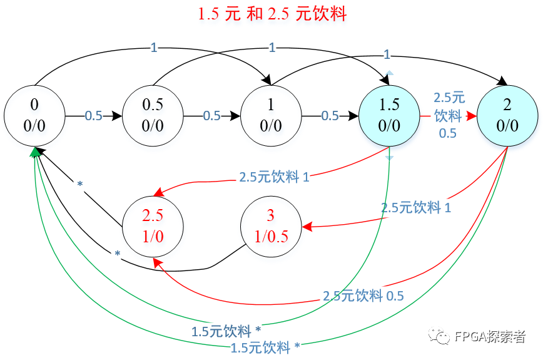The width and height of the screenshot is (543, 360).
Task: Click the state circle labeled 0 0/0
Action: coord(34,116)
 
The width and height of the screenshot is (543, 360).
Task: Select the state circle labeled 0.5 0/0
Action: coord(153,116)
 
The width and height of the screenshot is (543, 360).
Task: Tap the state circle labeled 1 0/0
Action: coord(271,116)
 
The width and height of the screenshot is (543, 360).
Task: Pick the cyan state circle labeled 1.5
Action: coord(389,116)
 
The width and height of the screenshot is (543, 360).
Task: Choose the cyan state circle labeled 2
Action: coord(507,116)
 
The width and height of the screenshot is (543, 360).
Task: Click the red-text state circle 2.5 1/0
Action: coord(153,225)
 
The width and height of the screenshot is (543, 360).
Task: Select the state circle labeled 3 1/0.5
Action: coord(271,225)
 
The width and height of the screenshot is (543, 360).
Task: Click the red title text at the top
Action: coord(271,14)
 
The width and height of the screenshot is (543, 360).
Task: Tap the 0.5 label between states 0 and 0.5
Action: coord(93,116)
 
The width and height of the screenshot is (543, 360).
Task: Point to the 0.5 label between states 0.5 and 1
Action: coord(211,116)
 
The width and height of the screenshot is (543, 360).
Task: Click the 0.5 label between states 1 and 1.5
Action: coord(330,116)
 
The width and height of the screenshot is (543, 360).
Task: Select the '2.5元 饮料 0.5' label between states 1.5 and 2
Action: coord(449,116)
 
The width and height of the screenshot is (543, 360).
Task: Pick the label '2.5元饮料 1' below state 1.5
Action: coord(274,177)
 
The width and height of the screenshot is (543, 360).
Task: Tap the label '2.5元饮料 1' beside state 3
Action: coord(416,208)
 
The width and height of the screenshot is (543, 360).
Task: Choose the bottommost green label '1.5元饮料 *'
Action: coord(265,347)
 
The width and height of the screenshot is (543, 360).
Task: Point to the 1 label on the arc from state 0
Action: coord(154,48)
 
